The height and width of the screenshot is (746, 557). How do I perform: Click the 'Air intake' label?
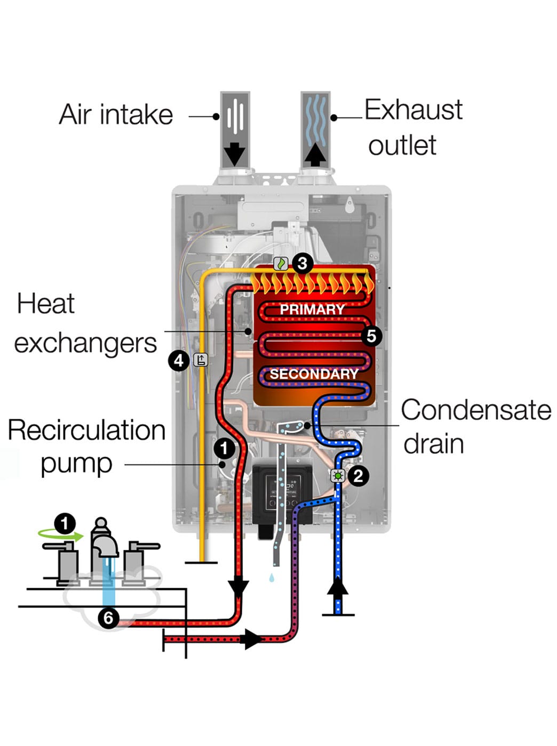tap(116, 115)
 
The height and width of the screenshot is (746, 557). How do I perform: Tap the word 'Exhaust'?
tap(413, 110)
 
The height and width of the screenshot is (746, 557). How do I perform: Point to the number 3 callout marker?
tap(303, 263)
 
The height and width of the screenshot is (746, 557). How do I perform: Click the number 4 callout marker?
tap(179, 361)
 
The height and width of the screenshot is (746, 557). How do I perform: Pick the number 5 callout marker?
tap(371, 336)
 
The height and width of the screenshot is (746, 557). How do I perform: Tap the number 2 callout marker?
tap(358, 475)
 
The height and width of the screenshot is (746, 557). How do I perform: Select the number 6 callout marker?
tap(108, 618)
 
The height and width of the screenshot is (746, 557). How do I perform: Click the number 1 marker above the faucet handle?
tap(65, 523)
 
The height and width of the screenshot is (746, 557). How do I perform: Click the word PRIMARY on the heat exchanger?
tap(312, 309)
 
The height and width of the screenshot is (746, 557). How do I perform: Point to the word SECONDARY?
tap(314, 374)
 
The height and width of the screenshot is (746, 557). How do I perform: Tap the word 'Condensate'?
tap(476, 410)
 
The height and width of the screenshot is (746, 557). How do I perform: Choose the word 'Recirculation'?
tap(86, 430)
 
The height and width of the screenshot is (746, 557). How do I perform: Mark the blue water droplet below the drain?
tap(272, 577)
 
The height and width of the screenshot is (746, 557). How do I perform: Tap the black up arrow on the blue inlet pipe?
tap(337, 587)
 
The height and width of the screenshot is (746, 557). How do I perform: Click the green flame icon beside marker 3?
tap(281, 263)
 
